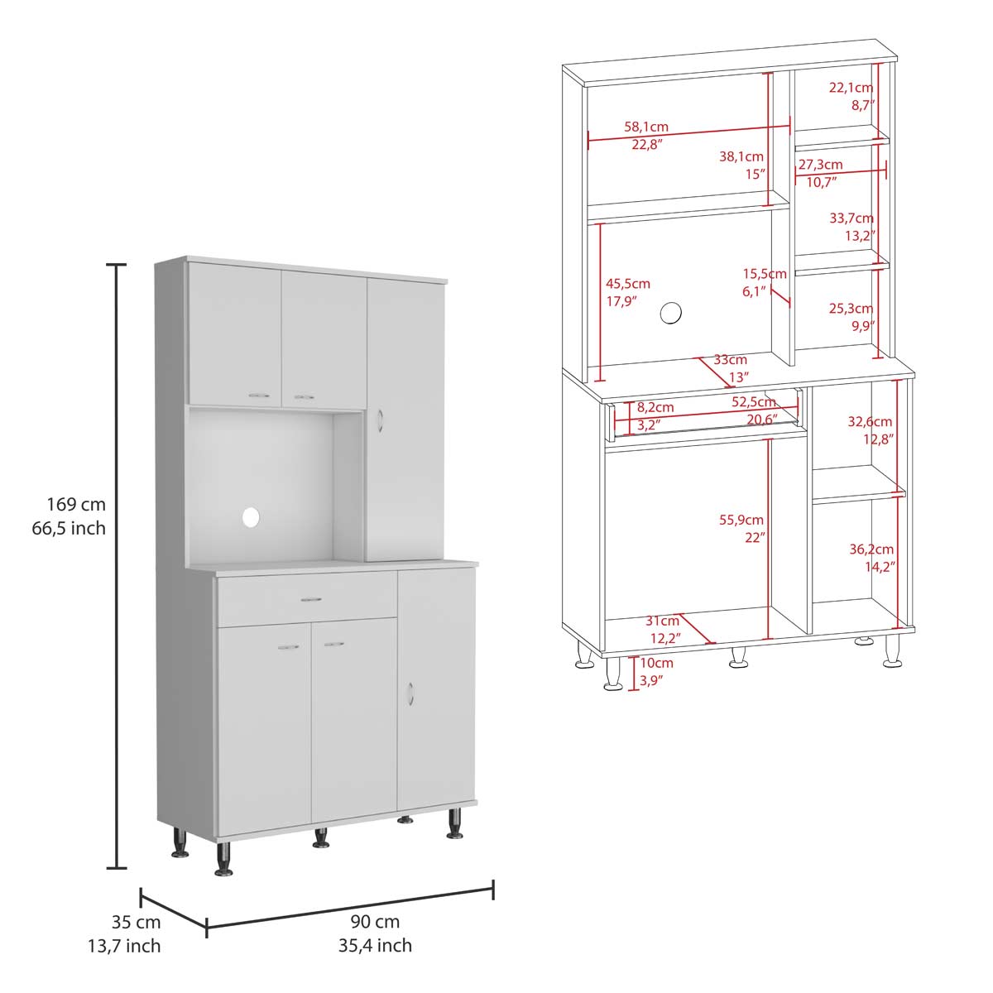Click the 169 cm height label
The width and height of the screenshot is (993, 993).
pos(76,504)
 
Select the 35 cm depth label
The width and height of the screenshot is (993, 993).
pos(136,922)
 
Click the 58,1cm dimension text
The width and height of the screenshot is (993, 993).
pos(646,127)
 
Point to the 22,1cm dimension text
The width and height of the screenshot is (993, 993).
pos(851,88)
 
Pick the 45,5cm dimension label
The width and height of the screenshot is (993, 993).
pos(627,284)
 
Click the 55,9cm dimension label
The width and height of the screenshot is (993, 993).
pos(741,520)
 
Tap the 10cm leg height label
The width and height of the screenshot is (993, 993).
pos(656,663)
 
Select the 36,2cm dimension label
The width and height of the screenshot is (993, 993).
pos(871,549)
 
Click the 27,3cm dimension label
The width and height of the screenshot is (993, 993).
pos(820,165)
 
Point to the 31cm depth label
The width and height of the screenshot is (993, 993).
pos(662,621)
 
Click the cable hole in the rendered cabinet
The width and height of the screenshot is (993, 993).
pos(251,516)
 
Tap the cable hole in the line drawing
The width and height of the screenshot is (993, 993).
pos(670,313)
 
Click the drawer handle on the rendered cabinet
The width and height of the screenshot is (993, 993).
pos(311,599)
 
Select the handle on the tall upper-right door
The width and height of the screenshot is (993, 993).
pos(380,420)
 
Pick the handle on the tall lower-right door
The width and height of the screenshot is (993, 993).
pos(410,693)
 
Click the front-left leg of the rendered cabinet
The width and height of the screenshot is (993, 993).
pos(223,859)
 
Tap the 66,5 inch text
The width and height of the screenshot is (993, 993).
pos(69,528)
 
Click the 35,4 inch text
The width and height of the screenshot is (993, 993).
pos(375,946)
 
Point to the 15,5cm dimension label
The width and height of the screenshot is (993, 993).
pos(765,274)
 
